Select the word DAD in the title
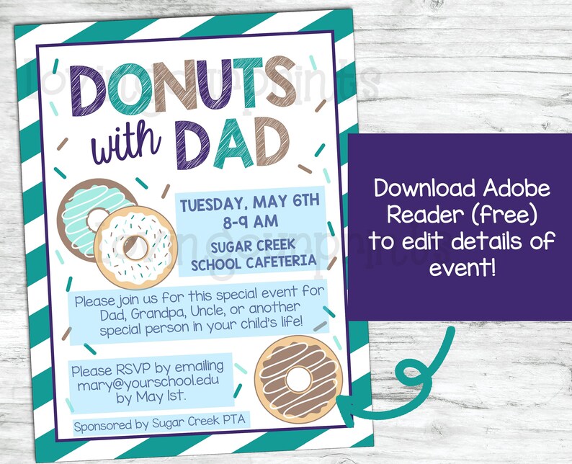(230, 145)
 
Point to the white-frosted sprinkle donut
(135, 245)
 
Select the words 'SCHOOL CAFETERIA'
(253, 262)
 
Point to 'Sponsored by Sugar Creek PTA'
(153, 425)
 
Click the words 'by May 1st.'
(150, 397)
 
